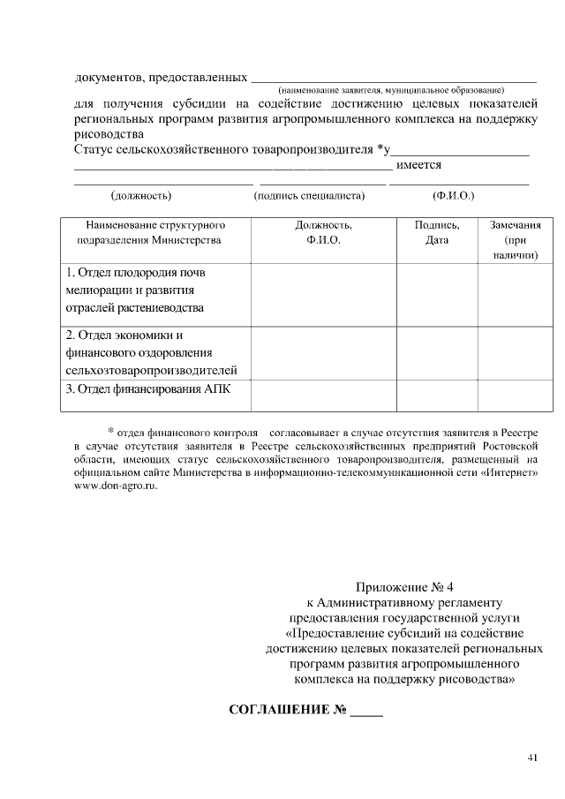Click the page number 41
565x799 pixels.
coord(532,757)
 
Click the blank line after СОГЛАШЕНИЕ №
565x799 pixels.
coord(366,712)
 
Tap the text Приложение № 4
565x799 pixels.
coord(403,587)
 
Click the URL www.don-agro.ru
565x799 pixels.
coord(116,486)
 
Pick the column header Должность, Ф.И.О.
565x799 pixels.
coord(323,232)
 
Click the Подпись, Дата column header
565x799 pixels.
coord(437,232)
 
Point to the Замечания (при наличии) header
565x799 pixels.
coord(515,239)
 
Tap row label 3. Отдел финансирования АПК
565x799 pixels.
coord(147,388)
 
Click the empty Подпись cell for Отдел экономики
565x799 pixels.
coord(437,352)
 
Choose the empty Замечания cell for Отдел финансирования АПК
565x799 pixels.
coord(515,395)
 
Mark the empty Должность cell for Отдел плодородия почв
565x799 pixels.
coord(323,290)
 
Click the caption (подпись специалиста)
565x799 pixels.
coord(308,195)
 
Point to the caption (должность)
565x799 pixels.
coord(140,195)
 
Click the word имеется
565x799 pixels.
coord(419,165)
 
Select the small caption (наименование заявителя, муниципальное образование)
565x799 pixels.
coord(391,90)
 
